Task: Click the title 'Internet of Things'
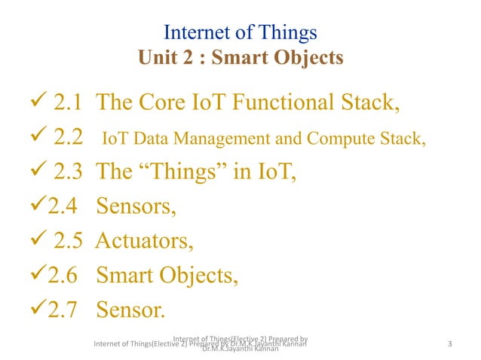(x=240, y=33)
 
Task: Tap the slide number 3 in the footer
(x=449, y=345)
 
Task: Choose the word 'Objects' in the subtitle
(x=308, y=57)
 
